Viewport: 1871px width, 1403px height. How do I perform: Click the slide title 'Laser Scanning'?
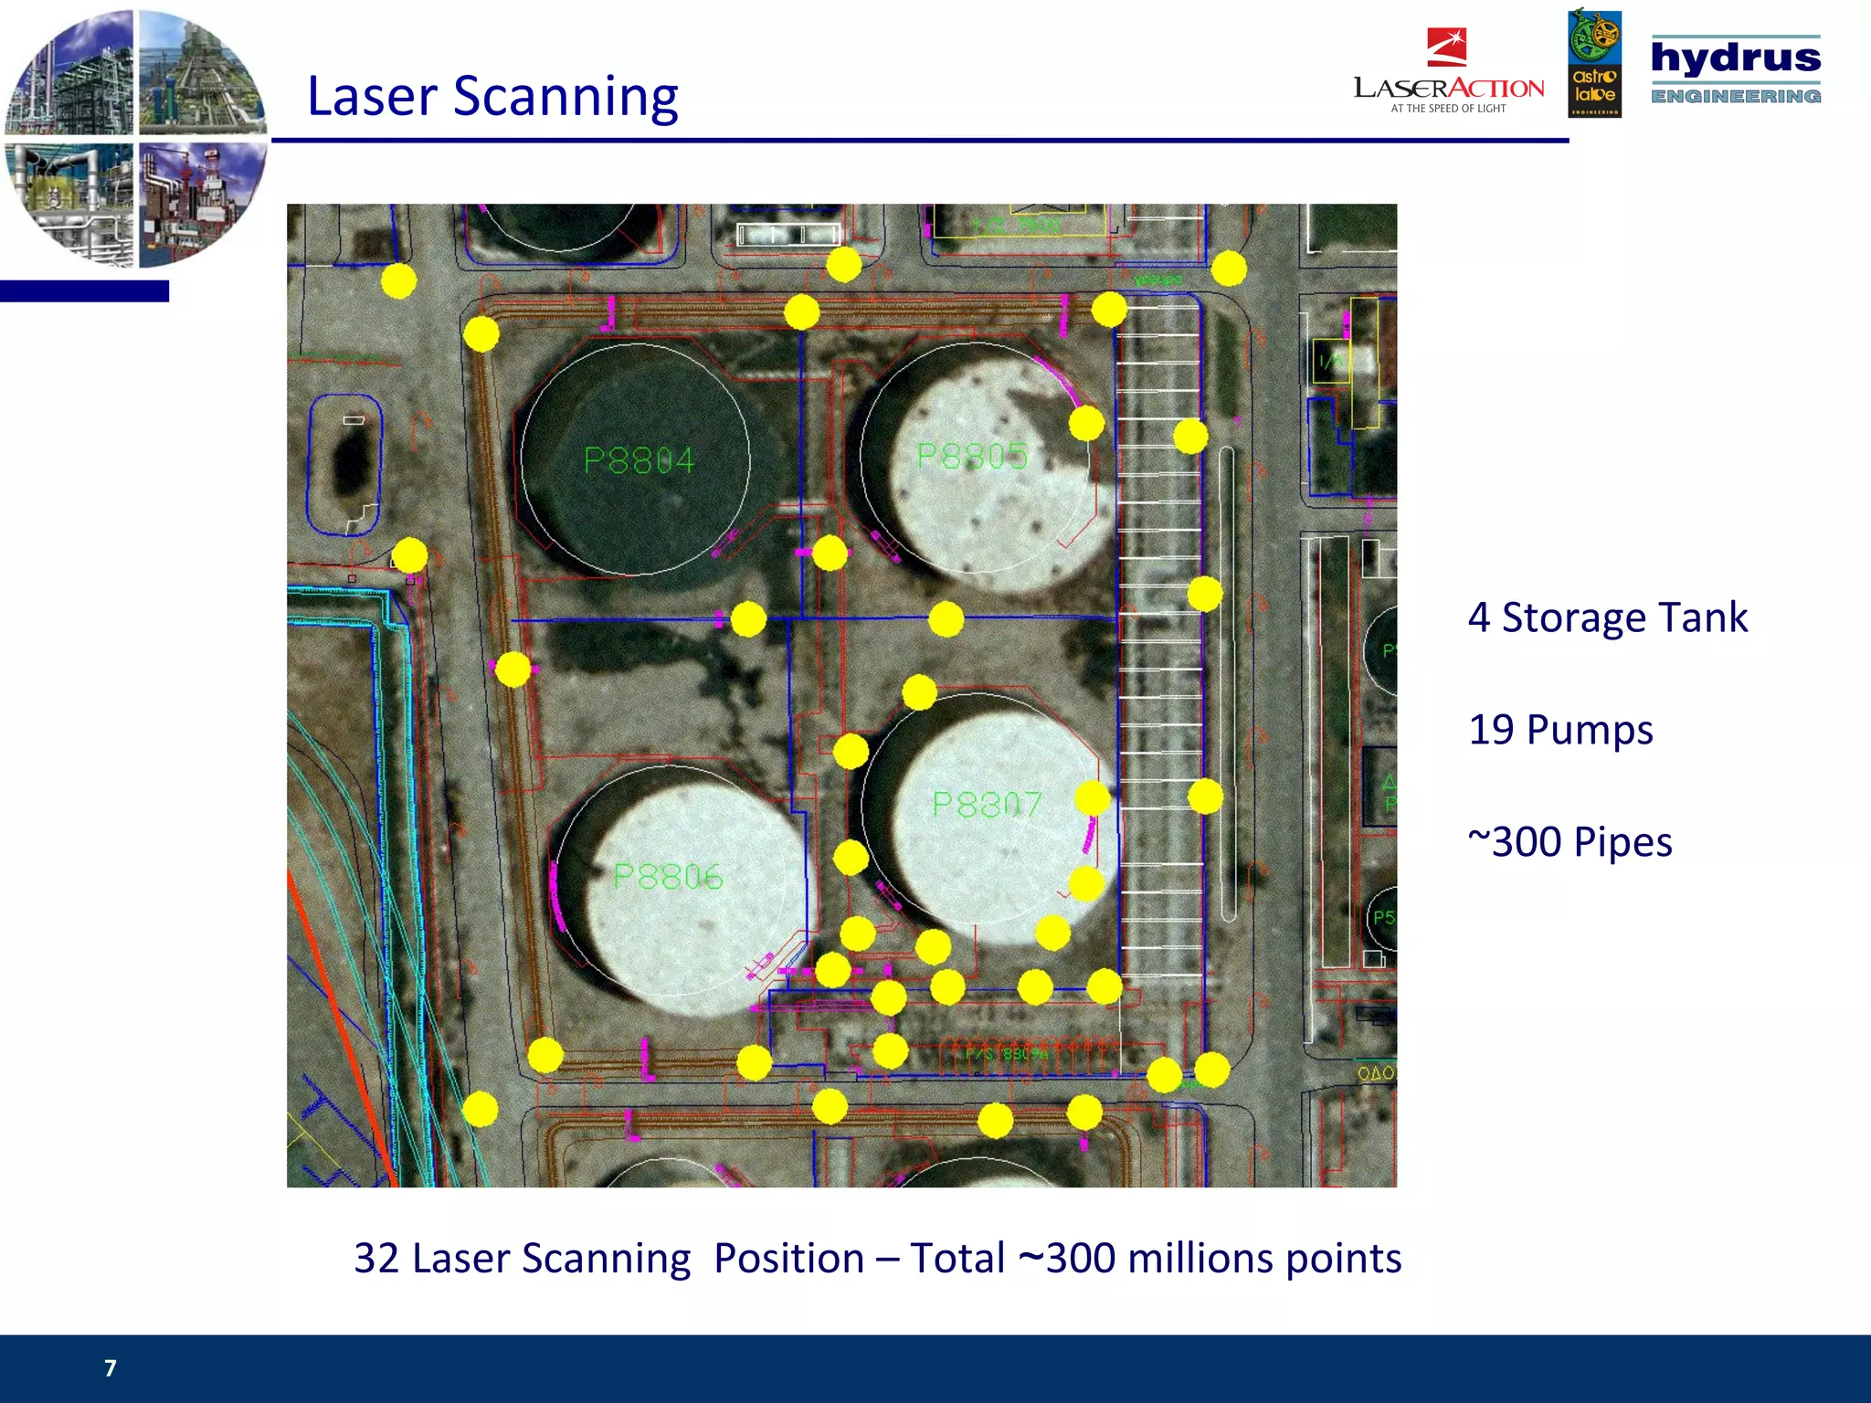coord(492,96)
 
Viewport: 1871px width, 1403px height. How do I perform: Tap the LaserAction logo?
coord(1448,73)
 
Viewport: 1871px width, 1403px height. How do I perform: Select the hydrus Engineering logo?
coord(1735,69)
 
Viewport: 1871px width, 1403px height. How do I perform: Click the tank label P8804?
coord(639,460)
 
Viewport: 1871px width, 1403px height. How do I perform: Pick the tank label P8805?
coord(971,456)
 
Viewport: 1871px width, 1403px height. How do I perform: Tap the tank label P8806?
coord(668,877)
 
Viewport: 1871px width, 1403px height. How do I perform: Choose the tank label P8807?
coord(987,805)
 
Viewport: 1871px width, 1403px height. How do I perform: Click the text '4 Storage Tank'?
coord(1607,617)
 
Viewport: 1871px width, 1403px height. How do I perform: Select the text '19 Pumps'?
coord(1560,730)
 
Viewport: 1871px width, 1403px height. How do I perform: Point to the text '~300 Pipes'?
coord(1570,842)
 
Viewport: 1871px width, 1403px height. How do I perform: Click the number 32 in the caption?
coord(375,1259)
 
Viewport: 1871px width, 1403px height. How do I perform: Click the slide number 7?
coord(111,1367)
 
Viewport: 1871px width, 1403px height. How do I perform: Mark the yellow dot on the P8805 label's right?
coord(1086,423)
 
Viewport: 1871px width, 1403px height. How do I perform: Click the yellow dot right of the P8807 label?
coord(1093,798)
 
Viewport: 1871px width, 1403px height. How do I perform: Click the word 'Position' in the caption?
coord(788,1259)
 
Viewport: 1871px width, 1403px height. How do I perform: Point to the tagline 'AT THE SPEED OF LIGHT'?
coord(1448,109)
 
